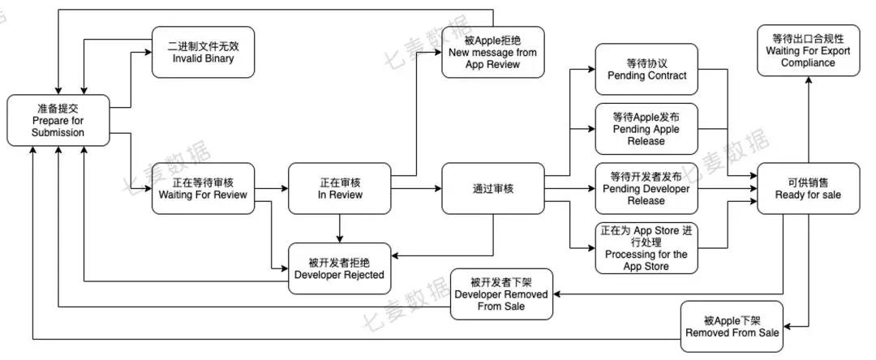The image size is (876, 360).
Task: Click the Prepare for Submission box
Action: point(58,120)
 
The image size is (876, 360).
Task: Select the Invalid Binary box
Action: point(204,52)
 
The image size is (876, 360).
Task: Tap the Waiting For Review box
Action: point(203,188)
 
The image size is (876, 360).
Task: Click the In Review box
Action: point(340,188)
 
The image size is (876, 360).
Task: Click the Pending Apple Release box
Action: point(646,128)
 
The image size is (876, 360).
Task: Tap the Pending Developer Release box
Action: point(646,188)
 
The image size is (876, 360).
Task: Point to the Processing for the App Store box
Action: point(646,247)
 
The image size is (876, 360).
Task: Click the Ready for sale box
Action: point(808,188)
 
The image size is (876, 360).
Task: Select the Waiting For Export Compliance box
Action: point(808,50)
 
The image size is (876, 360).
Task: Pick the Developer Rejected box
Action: point(340,267)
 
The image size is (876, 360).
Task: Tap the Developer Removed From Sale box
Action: point(503,294)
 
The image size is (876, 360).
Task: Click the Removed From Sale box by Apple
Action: point(732,326)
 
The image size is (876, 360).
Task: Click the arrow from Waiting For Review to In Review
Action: point(271,188)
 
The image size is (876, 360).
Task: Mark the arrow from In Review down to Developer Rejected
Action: point(340,227)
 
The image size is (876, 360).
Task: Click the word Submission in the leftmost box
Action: point(58,133)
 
